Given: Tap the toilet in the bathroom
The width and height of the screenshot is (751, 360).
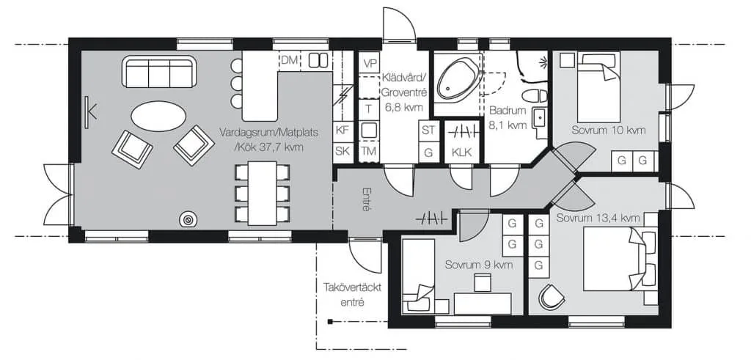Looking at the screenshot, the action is tap(535, 96).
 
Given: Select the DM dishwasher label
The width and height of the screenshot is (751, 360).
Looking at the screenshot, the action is tap(289, 60).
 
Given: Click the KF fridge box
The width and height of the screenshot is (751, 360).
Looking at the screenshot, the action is tap(342, 130).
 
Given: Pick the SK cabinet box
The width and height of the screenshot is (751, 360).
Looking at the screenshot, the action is tap(342, 152).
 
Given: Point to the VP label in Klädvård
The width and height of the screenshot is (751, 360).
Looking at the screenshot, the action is tap(370, 64).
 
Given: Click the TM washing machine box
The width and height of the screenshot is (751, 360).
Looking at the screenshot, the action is tap(368, 152).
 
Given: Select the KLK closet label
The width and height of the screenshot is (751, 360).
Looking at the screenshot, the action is tap(462, 153).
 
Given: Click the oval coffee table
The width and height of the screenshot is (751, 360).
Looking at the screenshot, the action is tap(158, 116).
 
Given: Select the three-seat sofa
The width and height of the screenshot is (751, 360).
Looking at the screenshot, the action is tap(159, 72).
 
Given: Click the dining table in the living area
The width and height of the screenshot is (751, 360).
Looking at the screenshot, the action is tap(262, 193).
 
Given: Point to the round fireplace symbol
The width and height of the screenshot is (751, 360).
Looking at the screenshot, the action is tap(188, 220).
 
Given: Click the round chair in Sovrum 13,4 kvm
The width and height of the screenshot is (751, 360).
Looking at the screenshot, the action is tap(552, 297).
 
